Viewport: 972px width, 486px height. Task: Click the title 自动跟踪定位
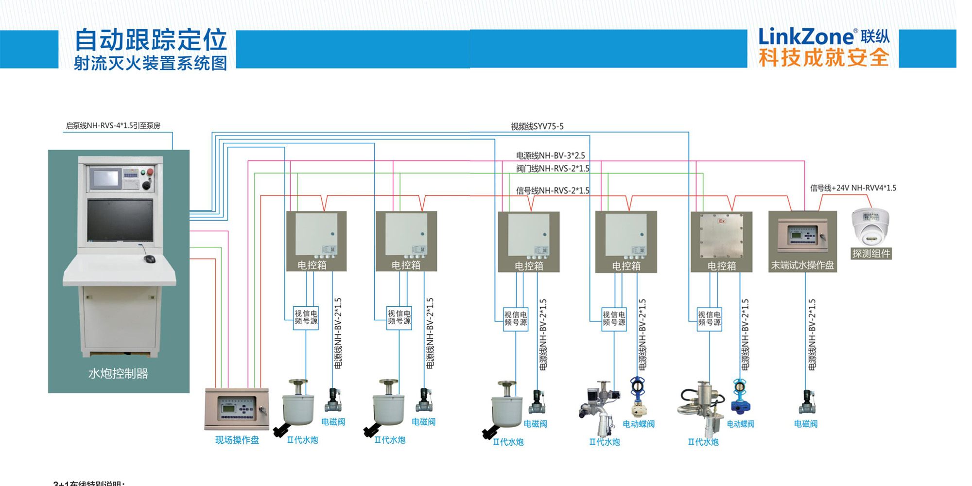151,40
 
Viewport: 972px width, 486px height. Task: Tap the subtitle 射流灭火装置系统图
151,63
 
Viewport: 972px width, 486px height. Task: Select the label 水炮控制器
118,373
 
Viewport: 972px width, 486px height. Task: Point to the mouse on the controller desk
150,259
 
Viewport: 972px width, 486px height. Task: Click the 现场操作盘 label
237,440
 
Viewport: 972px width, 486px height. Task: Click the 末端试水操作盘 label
802,265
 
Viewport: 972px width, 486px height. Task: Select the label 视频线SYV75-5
537,126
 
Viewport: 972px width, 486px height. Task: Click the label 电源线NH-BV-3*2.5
550,156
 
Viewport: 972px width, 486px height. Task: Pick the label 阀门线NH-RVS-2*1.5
553,169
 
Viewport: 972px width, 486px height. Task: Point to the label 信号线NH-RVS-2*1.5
553,191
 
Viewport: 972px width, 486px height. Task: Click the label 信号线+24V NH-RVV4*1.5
853,188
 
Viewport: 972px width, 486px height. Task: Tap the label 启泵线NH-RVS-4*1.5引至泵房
113,125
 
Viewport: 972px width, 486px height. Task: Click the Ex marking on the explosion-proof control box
722,221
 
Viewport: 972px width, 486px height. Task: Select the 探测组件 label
871,253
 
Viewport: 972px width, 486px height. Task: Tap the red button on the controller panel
150,172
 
